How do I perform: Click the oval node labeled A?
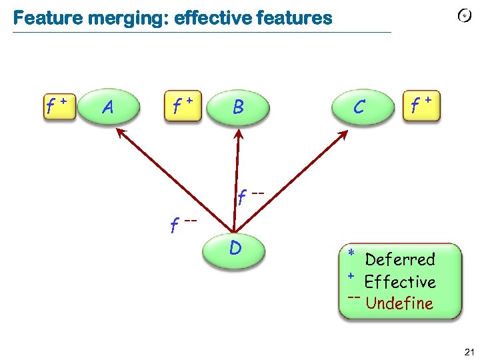(109, 107)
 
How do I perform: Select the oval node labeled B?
(238, 107)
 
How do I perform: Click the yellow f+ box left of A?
(58, 105)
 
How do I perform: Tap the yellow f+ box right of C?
(421, 105)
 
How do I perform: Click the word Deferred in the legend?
(400, 259)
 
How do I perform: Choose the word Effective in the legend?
(400, 281)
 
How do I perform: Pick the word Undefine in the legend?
(399, 303)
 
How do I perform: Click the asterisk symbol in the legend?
(351, 254)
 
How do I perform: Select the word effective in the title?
(212, 18)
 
